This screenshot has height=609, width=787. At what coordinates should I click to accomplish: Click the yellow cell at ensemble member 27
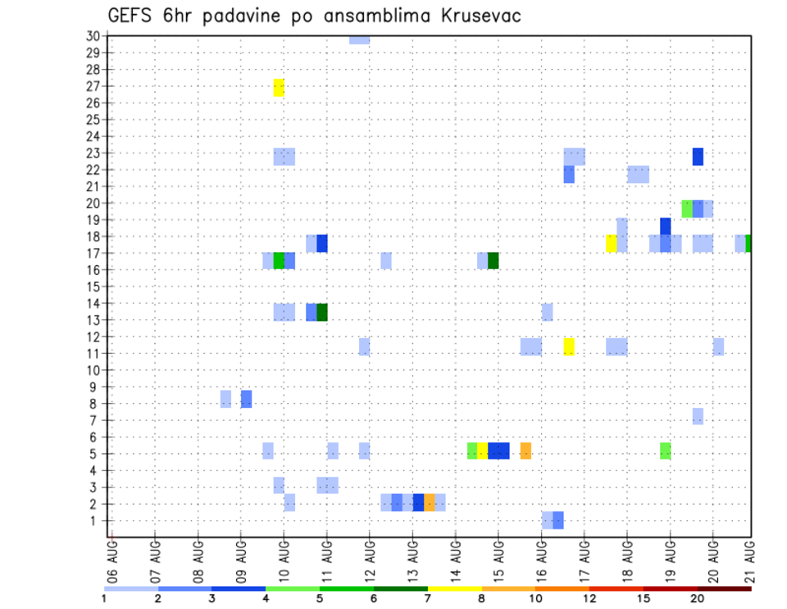pyautogui.click(x=279, y=88)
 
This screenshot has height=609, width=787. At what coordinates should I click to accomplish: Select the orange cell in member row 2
pyautogui.click(x=430, y=502)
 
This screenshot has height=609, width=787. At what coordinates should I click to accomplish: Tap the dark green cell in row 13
pyautogui.click(x=322, y=312)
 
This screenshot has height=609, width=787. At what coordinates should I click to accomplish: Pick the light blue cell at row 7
pyautogui.click(x=698, y=416)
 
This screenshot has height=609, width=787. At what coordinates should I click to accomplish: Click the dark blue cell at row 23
pyautogui.click(x=698, y=156)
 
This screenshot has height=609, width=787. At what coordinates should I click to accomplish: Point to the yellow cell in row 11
pyautogui.click(x=569, y=346)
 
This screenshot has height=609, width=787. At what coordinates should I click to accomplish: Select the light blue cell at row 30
pyautogui.click(x=359, y=39)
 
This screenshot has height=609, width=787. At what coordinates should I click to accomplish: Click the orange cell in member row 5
pyautogui.click(x=525, y=451)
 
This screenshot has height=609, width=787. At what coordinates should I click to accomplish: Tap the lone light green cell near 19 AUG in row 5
pyautogui.click(x=665, y=451)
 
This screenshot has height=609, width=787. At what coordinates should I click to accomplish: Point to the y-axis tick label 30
pyautogui.click(x=93, y=36)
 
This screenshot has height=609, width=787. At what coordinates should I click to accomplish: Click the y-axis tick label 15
pyautogui.click(x=93, y=286)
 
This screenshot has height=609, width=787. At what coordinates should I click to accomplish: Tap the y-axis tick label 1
pyautogui.click(x=96, y=520)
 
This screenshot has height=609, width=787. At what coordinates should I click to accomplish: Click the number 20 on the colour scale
pyautogui.click(x=698, y=600)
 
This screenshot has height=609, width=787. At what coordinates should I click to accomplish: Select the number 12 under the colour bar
pyautogui.click(x=590, y=600)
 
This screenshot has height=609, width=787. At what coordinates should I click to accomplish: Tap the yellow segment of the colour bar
pyautogui.click(x=455, y=588)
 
